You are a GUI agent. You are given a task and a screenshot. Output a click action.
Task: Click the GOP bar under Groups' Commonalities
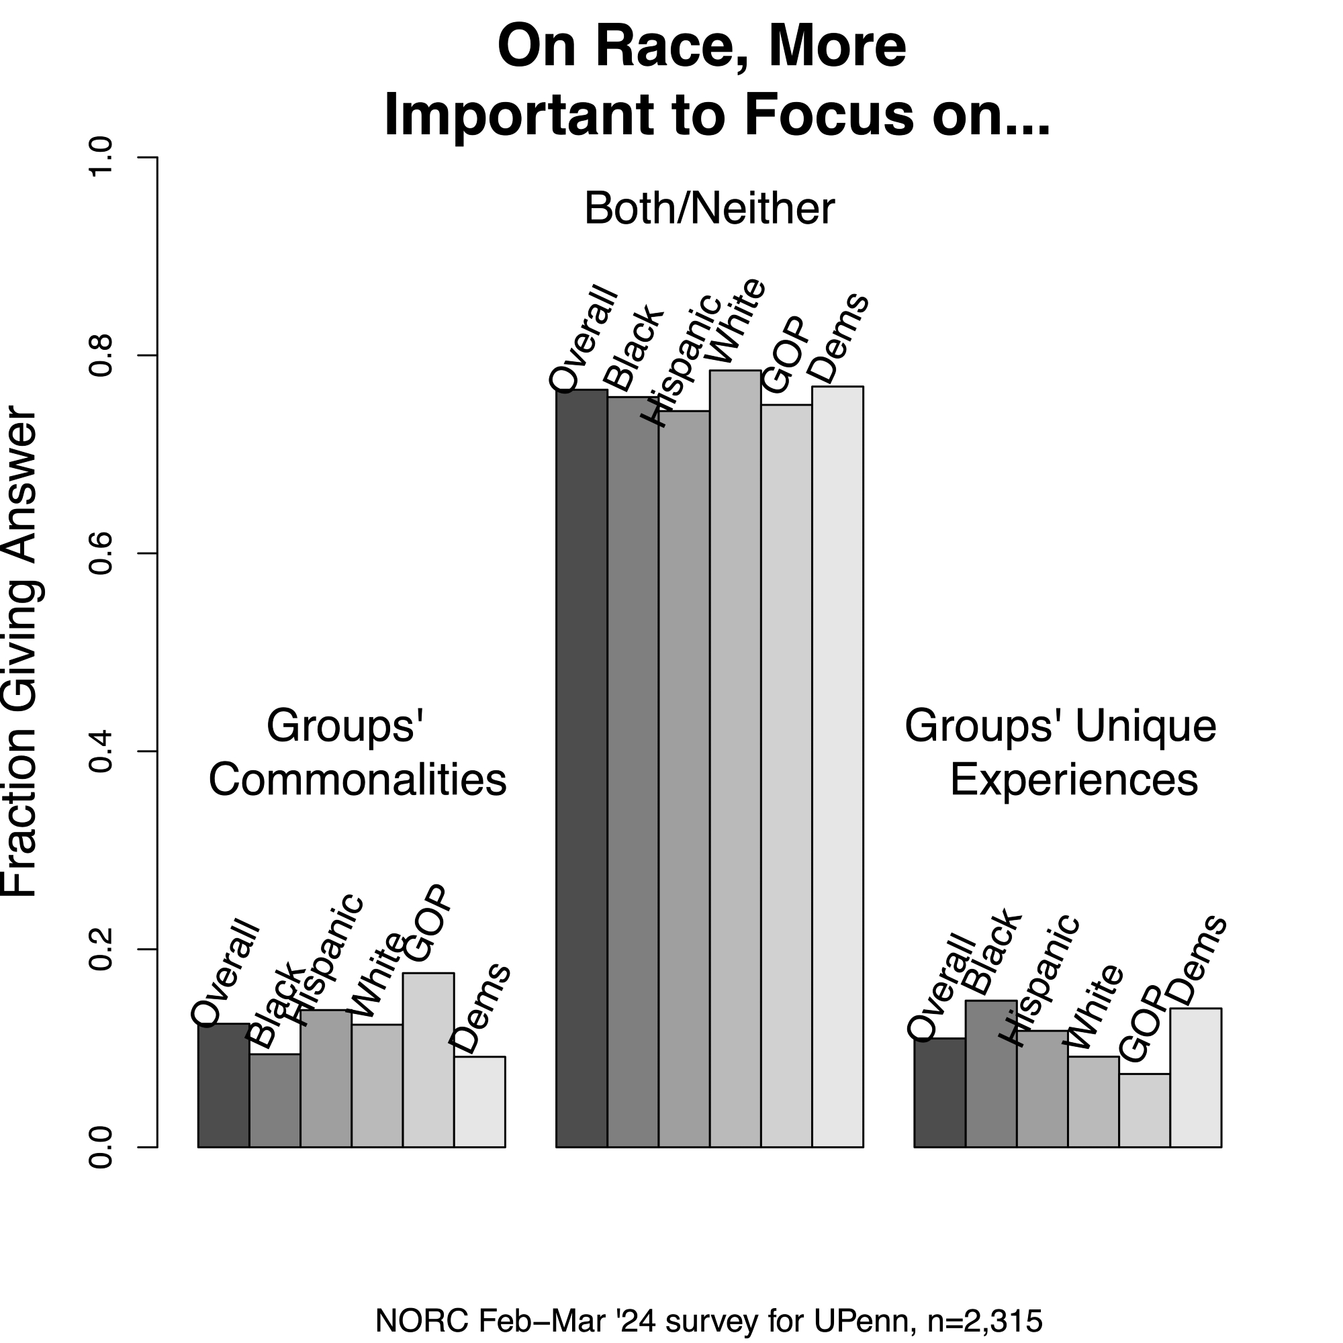pos(428,1060)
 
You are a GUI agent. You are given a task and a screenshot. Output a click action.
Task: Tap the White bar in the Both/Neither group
pos(735,757)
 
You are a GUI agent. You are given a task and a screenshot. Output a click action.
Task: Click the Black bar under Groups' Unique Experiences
pos(990,1073)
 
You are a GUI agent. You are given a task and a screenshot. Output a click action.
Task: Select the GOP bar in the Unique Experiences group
pos(1144,1109)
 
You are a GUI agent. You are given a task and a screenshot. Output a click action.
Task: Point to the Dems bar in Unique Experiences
pos(1196,1077)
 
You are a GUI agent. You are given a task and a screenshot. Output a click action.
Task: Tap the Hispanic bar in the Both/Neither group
pos(684,778)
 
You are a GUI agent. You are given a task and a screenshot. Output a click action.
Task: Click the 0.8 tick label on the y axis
pos(101,356)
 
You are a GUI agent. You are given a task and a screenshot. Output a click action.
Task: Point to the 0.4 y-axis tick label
pos(101,751)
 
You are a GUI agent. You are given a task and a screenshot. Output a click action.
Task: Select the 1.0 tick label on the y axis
pos(101,158)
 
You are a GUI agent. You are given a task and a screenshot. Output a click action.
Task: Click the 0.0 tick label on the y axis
pos(101,1147)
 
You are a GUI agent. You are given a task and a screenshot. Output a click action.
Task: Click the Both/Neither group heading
pos(709,209)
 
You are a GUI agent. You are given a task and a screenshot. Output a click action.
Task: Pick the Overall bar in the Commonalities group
pos(223,1084)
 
